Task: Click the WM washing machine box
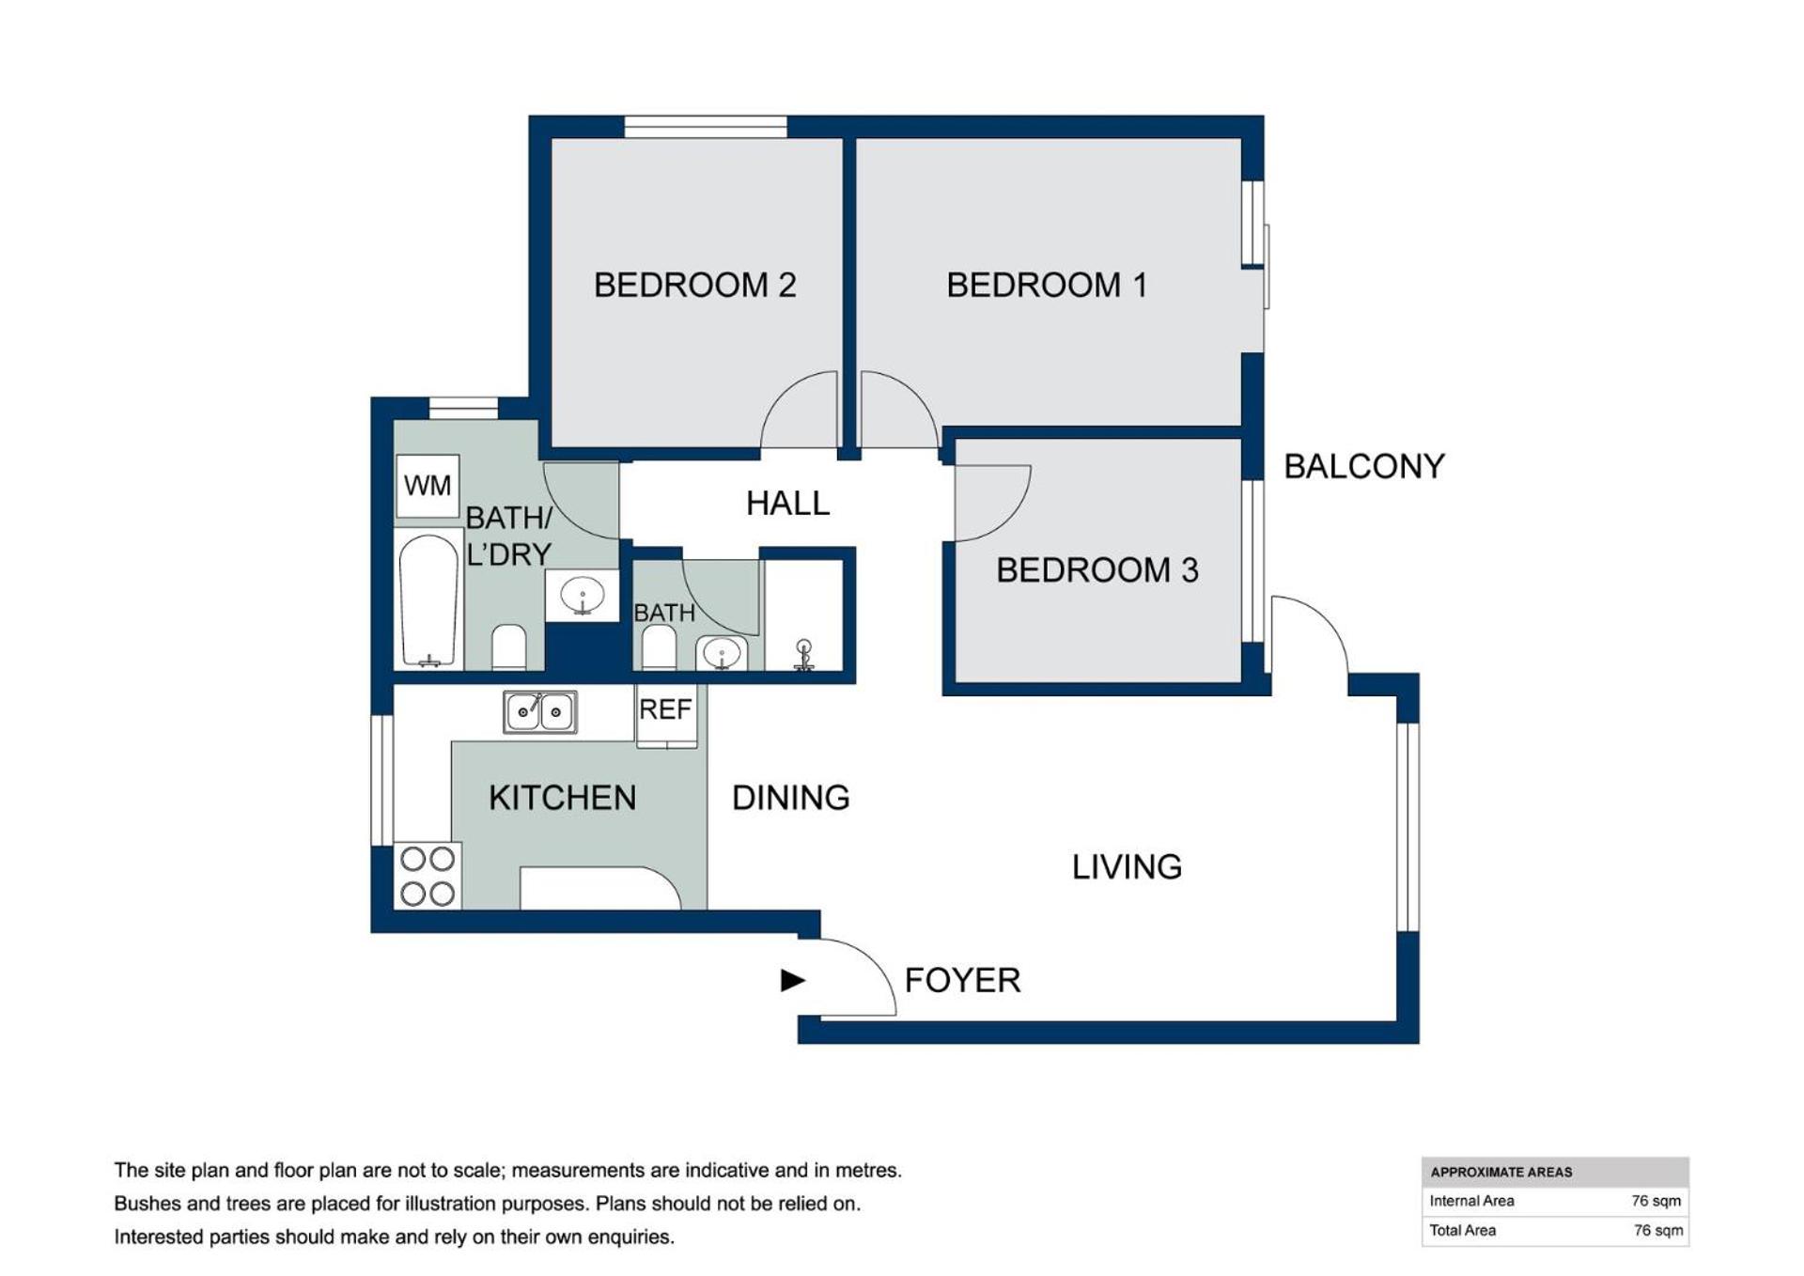pyautogui.click(x=428, y=486)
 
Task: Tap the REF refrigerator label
pyautogui.click(x=665, y=709)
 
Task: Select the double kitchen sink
pyautogui.click(x=540, y=711)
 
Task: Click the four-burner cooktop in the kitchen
pyautogui.click(x=428, y=876)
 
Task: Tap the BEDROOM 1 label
pyautogui.click(x=1047, y=285)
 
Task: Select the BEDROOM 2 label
pyautogui.click(x=694, y=285)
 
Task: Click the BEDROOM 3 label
pyautogui.click(x=1097, y=569)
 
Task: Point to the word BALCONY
pyautogui.click(x=1364, y=466)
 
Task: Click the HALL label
pyautogui.click(x=787, y=504)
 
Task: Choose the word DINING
pyautogui.click(x=790, y=798)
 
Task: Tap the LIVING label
pyautogui.click(x=1127, y=866)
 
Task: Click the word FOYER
pyautogui.click(x=962, y=980)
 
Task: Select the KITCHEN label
pyautogui.click(x=562, y=798)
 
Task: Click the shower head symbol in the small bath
pyautogui.click(x=803, y=654)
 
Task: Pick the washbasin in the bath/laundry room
pyautogui.click(x=583, y=595)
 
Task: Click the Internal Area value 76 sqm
pyautogui.click(x=1656, y=1201)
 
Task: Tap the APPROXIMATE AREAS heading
pyautogui.click(x=1501, y=1172)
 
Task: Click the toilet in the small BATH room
pyautogui.click(x=659, y=647)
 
